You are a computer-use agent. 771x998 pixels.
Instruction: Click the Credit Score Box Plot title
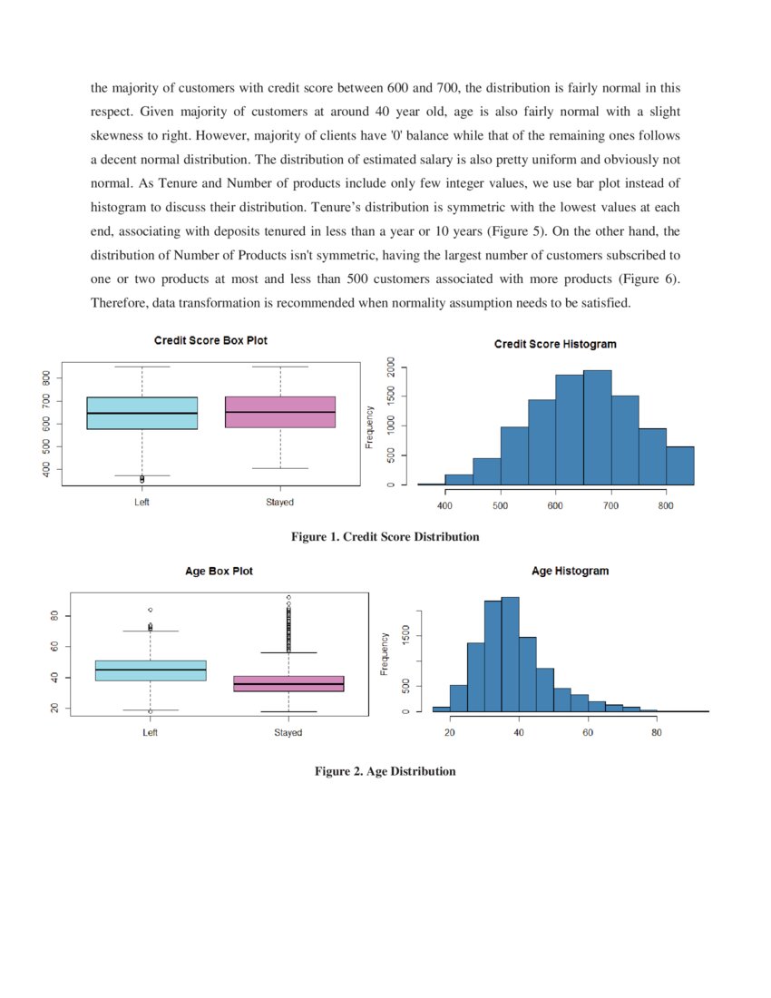click(x=210, y=340)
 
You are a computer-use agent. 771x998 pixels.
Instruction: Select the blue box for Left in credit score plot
click(x=142, y=413)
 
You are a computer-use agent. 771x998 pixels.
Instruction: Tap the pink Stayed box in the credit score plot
click(x=280, y=412)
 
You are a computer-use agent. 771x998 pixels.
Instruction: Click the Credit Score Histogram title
click(x=555, y=345)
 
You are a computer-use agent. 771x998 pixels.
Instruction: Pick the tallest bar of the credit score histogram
click(x=597, y=426)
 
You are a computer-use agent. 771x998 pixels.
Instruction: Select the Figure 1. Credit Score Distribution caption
click(x=385, y=537)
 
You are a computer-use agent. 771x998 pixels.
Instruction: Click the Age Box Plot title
click(x=219, y=572)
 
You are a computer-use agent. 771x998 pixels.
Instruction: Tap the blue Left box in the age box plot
click(x=151, y=670)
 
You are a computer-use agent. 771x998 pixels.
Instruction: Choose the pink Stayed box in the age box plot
click(x=288, y=683)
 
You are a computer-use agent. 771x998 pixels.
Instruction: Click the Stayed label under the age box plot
click(x=288, y=732)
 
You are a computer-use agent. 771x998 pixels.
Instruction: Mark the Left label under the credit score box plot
click(x=142, y=502)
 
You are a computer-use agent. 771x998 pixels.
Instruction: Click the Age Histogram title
click(x=570, y=572)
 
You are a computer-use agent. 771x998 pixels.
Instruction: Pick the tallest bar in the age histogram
click(x=510, y=653)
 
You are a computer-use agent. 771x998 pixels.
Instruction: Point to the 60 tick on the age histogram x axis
click(x=588, y=732)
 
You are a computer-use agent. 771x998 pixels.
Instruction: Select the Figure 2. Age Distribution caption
click(x=385, y=771)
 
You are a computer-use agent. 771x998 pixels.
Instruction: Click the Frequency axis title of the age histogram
click(x=385, y=653)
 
